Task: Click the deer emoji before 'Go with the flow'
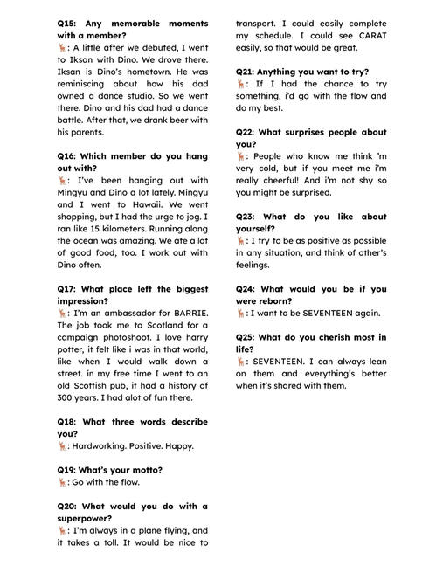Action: pyautogui.click(x=62, y=481)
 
